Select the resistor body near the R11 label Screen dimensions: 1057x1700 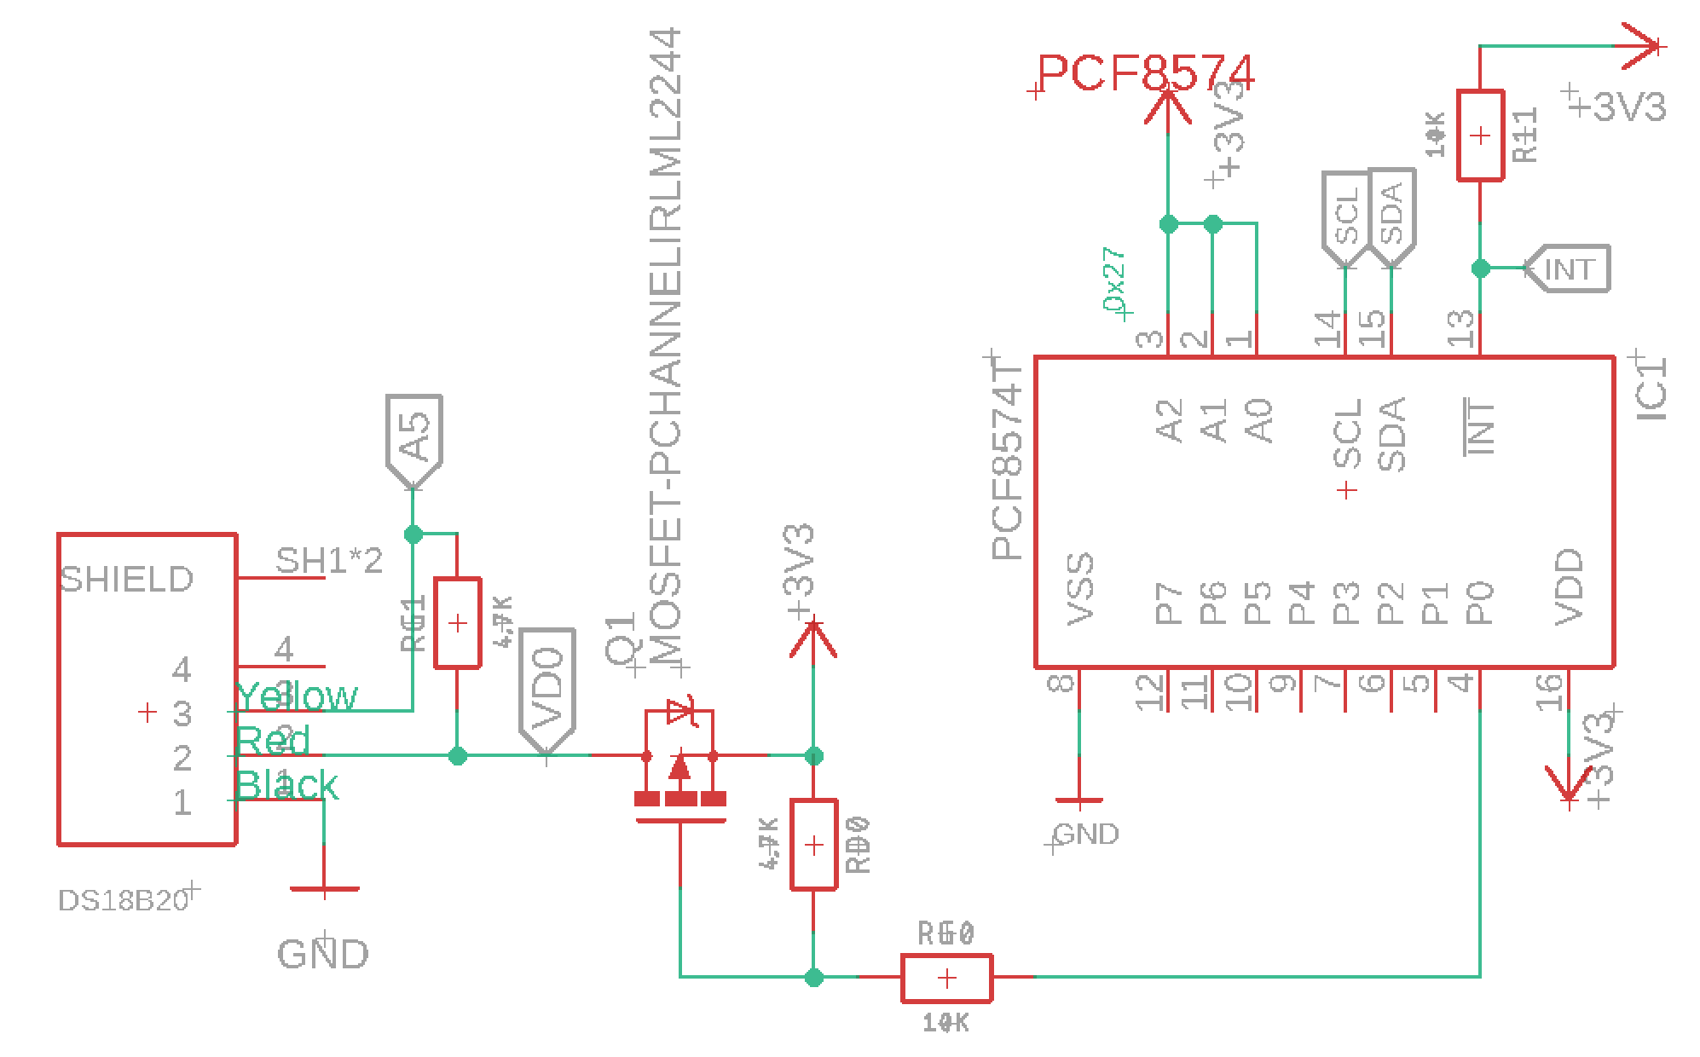coord(1480,136)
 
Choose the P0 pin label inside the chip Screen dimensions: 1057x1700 coord(1480,603)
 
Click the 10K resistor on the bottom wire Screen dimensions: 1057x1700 coord(946,978)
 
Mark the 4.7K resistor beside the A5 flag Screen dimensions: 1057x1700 coord(458,623)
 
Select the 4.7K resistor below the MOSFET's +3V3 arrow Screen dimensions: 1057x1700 coord(813,845)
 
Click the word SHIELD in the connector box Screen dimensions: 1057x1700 coord(127,580)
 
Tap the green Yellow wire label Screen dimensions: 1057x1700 coord(297,696)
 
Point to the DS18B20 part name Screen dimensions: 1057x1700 coord(123,900)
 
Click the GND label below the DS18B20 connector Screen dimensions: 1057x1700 coord(323,954)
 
